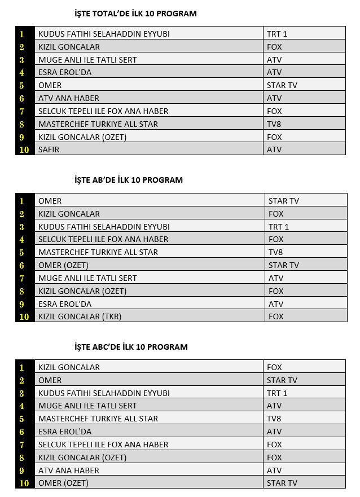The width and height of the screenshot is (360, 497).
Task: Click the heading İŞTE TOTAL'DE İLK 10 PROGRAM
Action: coord(135,14)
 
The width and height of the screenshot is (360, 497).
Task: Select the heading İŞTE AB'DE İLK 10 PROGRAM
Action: coord(129,180)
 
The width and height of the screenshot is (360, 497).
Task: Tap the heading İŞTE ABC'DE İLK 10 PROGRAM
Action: coord(131,347)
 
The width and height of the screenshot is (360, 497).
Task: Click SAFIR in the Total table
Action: coord(49,149)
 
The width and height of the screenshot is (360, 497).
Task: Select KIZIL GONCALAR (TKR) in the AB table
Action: coord(80,316)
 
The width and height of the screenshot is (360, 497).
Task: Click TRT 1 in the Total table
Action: coord(277,34)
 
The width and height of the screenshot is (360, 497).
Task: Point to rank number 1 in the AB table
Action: coord(22,201)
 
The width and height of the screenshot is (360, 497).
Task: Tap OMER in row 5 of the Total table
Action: coord(50,85)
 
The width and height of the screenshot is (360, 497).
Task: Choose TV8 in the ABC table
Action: coord(274,419)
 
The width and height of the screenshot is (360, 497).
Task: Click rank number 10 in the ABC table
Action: coord(24,483)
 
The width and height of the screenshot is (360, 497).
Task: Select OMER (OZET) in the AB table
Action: coord(63,265)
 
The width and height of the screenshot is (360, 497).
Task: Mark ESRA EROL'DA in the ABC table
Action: coord(65,432)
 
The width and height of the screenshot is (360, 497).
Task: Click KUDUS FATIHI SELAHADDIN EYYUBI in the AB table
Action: coord(104,227)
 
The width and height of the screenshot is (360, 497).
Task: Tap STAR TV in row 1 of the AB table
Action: coord(284,201)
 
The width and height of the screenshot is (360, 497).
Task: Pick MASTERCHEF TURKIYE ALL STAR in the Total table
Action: coord(98,124)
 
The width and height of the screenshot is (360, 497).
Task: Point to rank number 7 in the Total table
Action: coord(22,111)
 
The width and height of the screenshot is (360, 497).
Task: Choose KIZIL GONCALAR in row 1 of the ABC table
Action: coord(69,367)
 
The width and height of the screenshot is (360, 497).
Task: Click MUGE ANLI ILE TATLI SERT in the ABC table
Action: coord(87,406)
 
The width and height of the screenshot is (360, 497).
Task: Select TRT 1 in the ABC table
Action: coord(277,393)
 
